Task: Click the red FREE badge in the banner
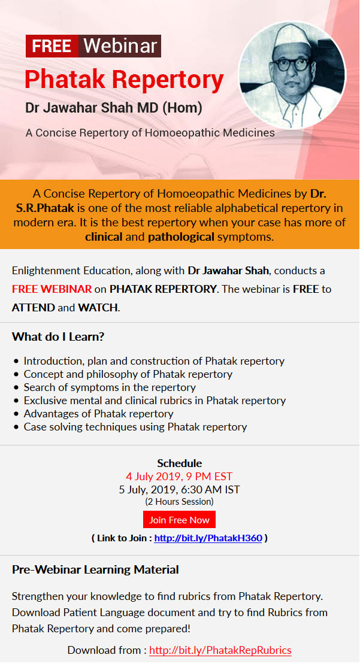click(52, 46)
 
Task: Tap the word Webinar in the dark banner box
click(120, 46)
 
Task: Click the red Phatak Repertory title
click(124, 79)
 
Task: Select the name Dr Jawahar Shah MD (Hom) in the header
click(114, 108)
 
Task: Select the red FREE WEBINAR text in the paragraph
click(52, 289)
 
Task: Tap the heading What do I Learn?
click(58, 337)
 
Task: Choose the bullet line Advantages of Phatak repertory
click(98, 414)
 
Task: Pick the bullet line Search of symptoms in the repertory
click(110, 387)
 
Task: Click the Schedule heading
click(179, 463)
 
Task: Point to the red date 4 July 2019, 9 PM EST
click(179, 477)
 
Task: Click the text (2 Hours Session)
click(179, 502)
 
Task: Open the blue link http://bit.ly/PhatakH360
click(208, 538)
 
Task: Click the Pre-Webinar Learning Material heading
click(95, 569)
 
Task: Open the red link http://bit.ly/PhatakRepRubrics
click(220, 650)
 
